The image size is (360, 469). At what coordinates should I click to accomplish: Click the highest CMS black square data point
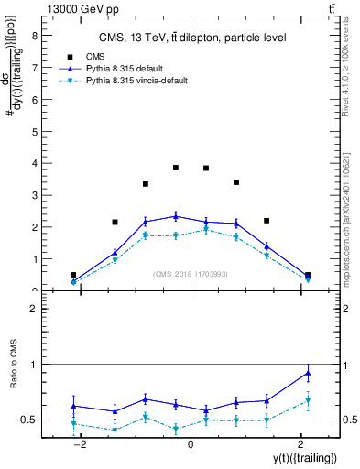click(176, 168)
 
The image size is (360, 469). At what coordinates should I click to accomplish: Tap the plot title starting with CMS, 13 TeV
click(192, 38)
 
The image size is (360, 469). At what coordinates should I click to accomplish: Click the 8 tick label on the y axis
click(34, 37)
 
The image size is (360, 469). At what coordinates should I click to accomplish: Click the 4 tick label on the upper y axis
click(34, 164)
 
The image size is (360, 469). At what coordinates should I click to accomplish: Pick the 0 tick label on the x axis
click(190, 443)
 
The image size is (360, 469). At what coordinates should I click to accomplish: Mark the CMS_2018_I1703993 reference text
click(190, 273)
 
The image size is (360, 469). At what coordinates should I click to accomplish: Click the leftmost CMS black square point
click(73, 275)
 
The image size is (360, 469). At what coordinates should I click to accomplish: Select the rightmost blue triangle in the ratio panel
click(308, 372)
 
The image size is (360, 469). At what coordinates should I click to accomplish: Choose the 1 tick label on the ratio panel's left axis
click(34, 365)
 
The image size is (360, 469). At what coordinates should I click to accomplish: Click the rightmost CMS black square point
click(308, 275)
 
